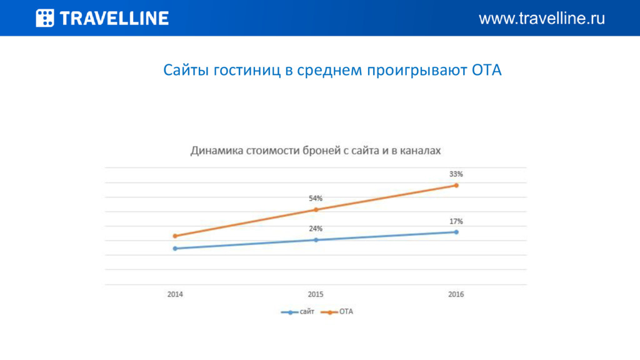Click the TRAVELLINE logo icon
point(45,18)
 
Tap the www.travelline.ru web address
point(542,18)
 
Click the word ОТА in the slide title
point(486,70)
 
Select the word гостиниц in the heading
point(247,71)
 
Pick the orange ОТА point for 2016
point(456,185)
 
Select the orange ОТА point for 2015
point(316,210)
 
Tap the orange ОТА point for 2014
point(175,236)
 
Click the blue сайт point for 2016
point(456,232)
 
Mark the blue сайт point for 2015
point(316,240)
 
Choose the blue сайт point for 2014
point(175,249)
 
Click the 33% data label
point(456,174)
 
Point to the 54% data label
point(316,198)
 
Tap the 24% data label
point(316,229)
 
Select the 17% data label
point(456,221)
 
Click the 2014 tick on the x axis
point(175,294)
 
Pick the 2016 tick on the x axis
point(456,294)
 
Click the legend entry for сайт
point(297,312)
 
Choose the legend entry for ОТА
point(337,312)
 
